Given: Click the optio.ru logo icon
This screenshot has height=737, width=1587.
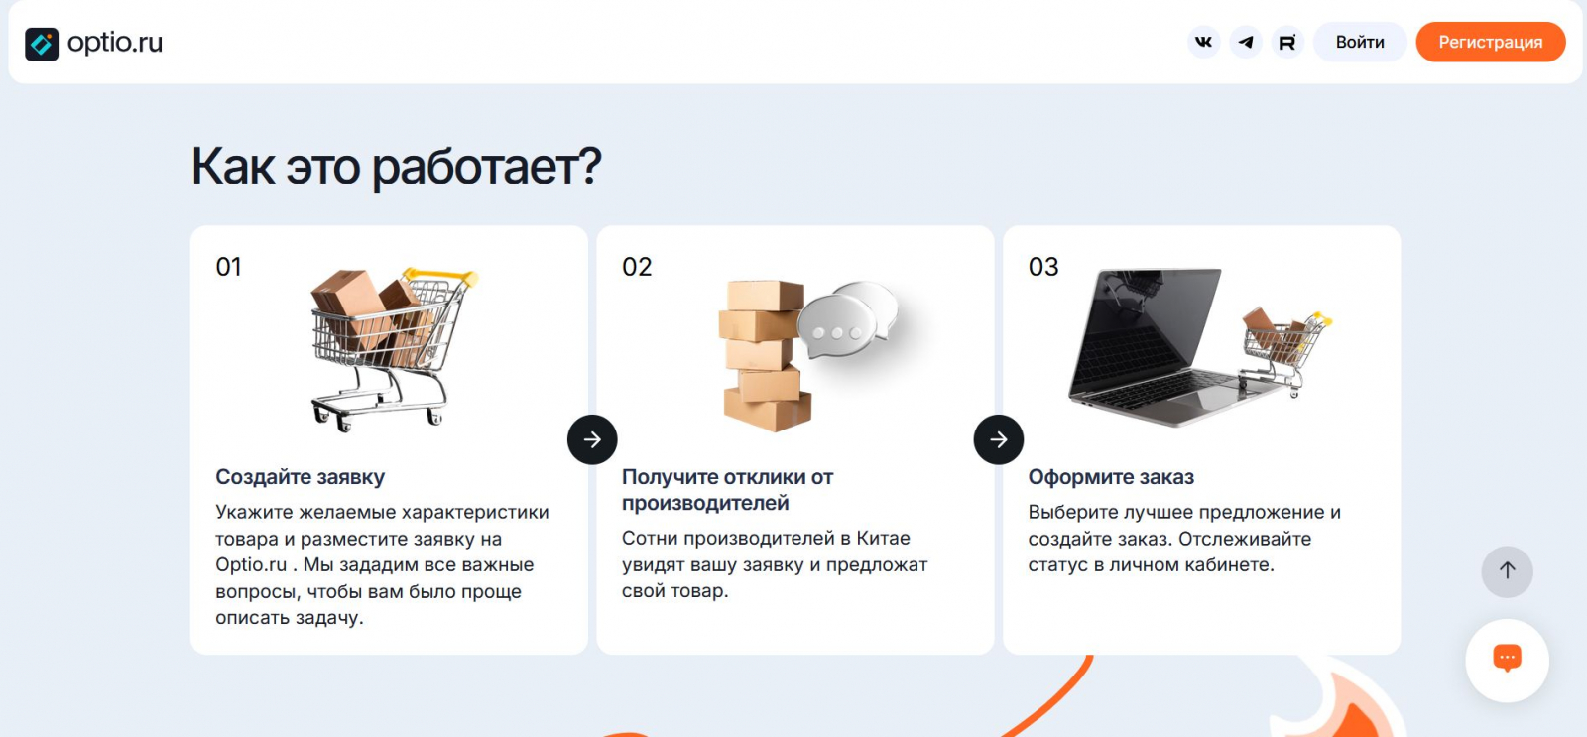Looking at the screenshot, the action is pyautogui.click(x=42, y=44).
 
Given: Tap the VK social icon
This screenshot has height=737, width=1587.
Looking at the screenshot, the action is pyautogui.click(x=1203, y=42).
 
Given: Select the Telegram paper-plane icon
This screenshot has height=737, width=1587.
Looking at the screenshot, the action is pyautogui.click(x=1246, y=42).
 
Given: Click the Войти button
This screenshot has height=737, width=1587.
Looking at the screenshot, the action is pyautogui.click(x=1360, y=42).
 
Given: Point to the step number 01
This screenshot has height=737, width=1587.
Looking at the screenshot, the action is pyautogui.click(x=229, y=267).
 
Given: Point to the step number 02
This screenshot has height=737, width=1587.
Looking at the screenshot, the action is pyautogui.click(x=636, y=267).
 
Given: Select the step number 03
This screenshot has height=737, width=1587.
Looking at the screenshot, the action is pyautogui.click(x=1042, y=267).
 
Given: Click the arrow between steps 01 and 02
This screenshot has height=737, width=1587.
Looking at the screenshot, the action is pyautogui.click(x=592, y=439).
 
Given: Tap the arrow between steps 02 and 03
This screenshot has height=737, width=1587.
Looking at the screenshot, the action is pyautogui.click(x=998, y=439).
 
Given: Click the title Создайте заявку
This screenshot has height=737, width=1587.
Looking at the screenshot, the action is pyautogui.click(x=301, y=477).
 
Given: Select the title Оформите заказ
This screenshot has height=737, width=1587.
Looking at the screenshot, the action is pyautogui.click(x=1111, y=477).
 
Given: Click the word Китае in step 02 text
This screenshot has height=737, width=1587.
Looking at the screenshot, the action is pyautogui.click(x=884, y=538).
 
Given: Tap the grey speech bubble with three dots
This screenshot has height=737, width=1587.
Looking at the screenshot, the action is pyautogui.click(x=838, y=327).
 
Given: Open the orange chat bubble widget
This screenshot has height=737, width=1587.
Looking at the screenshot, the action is pyautogui.click(x=1507, y=659).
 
